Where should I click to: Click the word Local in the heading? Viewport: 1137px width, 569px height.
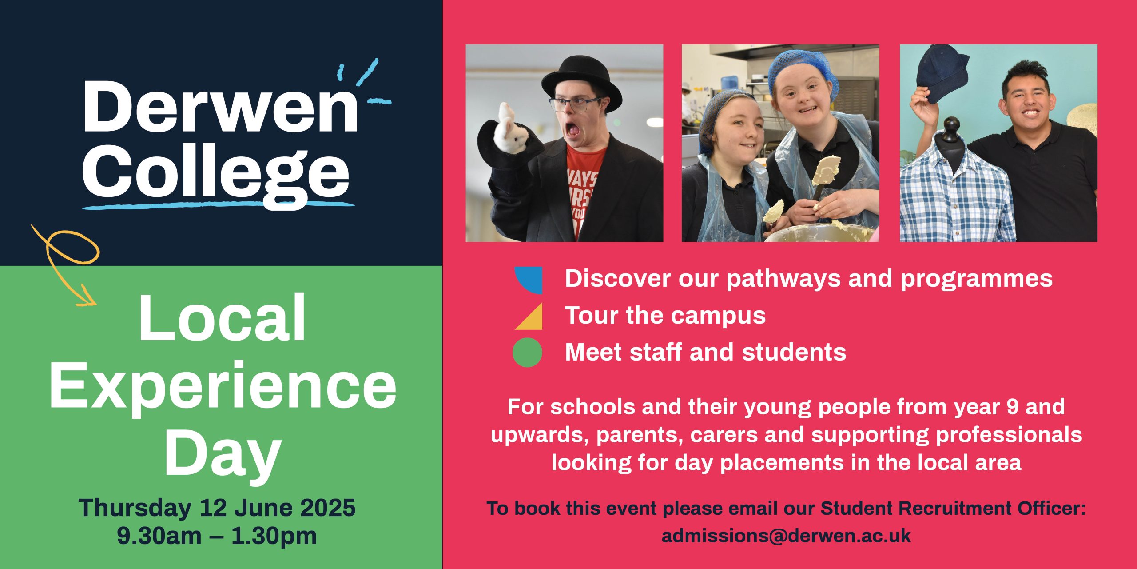tap(222, 317)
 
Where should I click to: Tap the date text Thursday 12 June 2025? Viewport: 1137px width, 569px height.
tap(217, 508)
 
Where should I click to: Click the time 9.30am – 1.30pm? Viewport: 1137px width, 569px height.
tap(217, 536)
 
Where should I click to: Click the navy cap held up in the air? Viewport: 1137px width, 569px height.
tap(941, 73)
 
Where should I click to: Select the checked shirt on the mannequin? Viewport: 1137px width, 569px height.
tap(957, 196)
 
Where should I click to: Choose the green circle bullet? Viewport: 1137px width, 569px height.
tap(528, 353)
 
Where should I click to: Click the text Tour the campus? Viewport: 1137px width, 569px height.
tap(665, 316)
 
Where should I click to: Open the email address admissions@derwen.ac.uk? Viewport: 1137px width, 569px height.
tap(786, 536)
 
